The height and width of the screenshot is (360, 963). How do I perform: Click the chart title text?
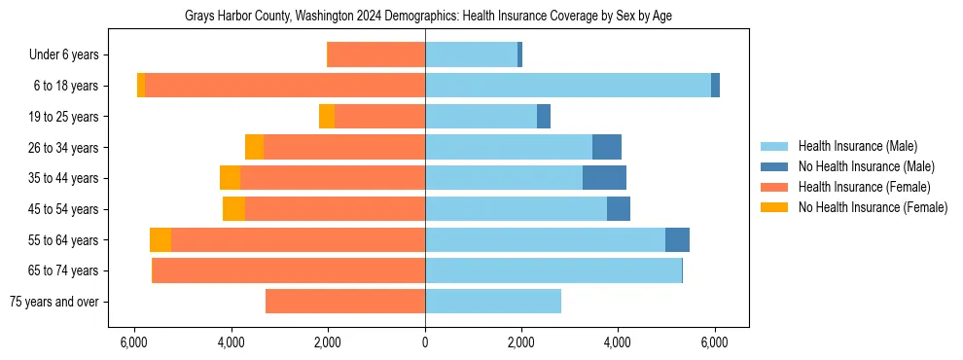click(428, 17)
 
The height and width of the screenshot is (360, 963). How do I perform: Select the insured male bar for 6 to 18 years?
click(568, 86)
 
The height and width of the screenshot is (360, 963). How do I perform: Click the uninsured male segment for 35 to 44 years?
click(604, 178)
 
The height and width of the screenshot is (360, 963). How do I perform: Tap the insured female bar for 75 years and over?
click(345, 302)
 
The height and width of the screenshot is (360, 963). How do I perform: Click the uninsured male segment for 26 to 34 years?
click(607, 147)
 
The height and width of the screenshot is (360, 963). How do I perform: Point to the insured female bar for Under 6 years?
click(376, 55)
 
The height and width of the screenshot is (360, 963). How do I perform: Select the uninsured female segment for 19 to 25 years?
click(327, 117)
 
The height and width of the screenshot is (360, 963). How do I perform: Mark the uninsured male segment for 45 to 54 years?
click(619, 209)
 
